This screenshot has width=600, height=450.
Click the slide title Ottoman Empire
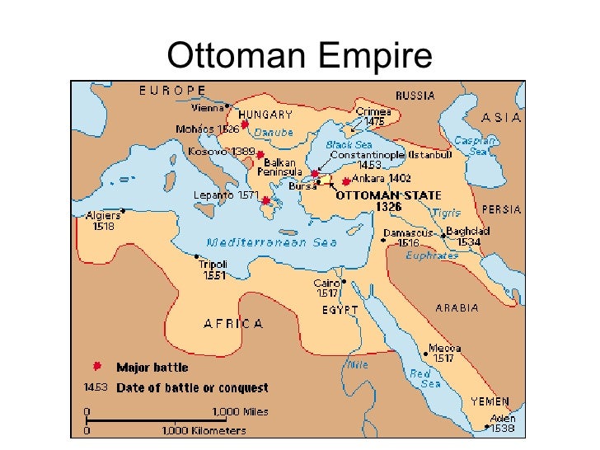299,55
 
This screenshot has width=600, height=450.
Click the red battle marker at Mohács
245,124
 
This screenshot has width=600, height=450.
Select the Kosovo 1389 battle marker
260,154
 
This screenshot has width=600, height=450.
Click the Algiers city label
103,221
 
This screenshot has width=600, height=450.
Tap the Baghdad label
467,237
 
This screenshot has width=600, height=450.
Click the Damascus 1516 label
401,237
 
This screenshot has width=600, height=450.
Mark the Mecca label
444,353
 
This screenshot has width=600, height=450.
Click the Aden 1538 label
502,423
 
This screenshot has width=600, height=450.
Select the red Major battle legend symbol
97,366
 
